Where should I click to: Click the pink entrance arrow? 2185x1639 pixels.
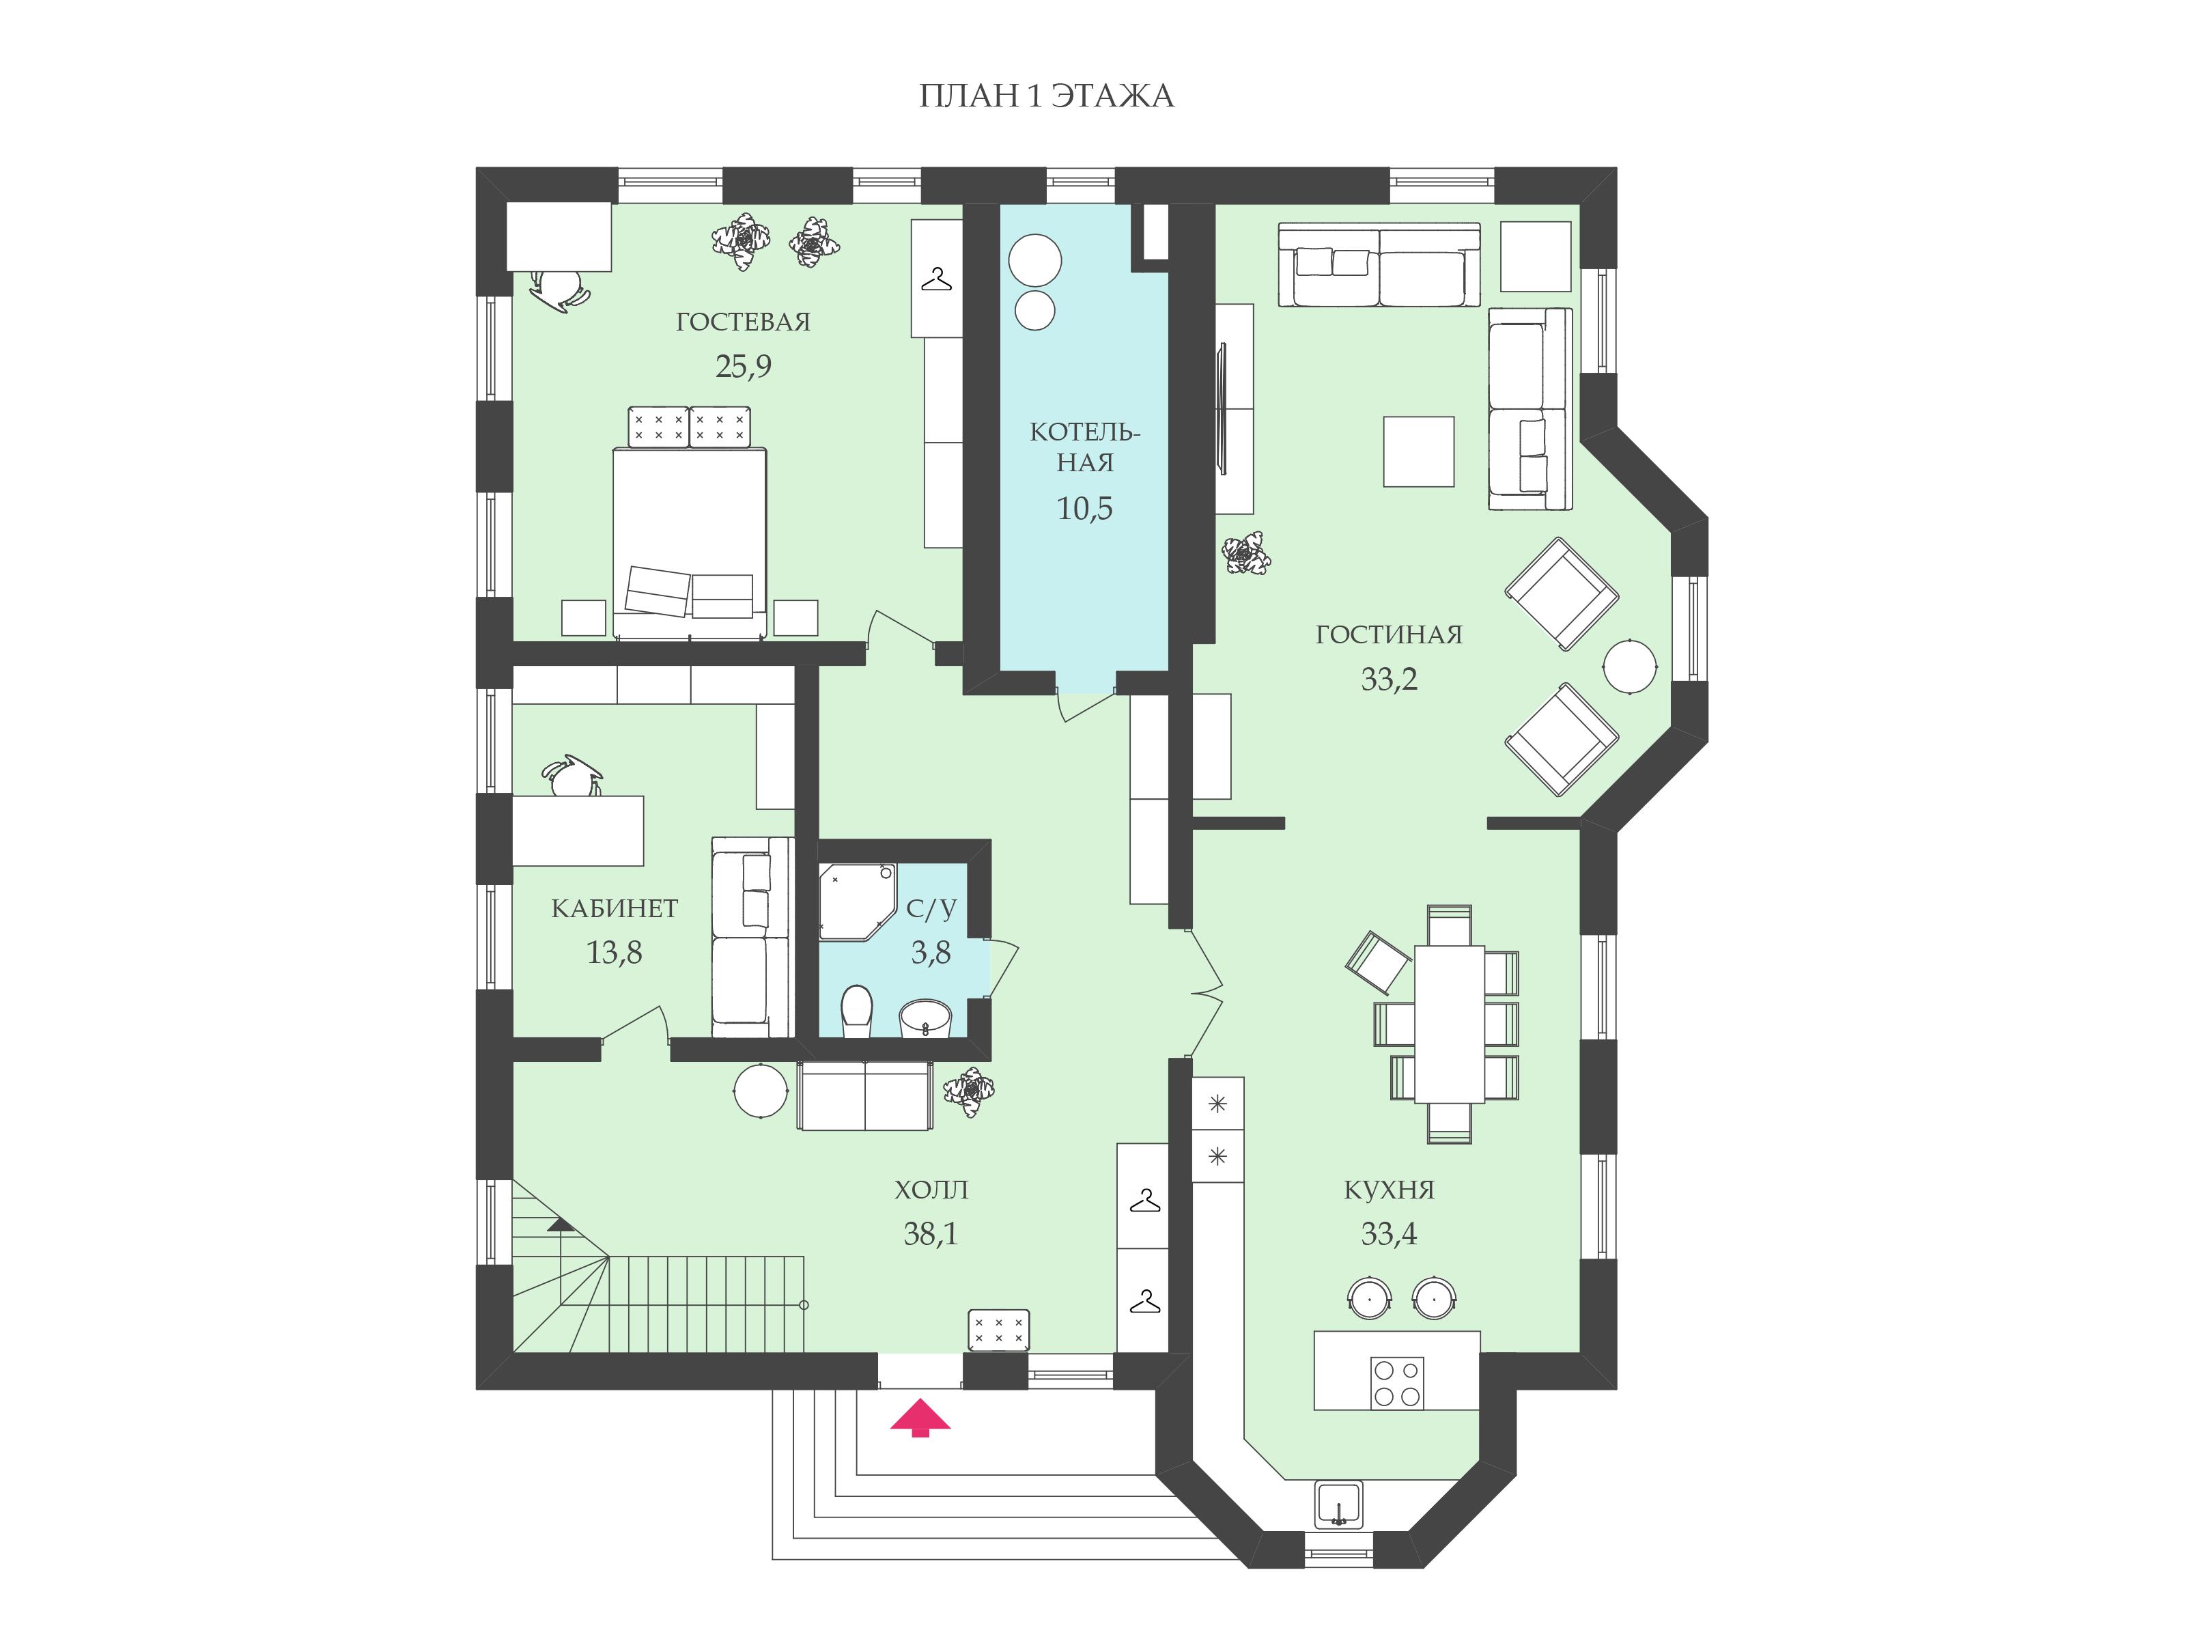(x=920, y=1418)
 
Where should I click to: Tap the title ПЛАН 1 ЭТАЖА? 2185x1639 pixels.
(x=1046, y=96)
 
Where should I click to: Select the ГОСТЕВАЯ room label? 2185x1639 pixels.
(x=743, y=322)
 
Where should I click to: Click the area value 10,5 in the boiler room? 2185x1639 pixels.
(x=1084, y=509)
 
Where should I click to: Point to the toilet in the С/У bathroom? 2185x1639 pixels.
(x=856, y=1011)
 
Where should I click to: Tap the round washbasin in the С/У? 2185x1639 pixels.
(x=925, y=1018)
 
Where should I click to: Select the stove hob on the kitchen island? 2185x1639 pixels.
(x=1397, y=1382)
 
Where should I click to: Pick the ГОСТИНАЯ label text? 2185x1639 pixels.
(x=1389, y=635)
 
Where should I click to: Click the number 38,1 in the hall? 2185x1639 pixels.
(x=931, y=1234)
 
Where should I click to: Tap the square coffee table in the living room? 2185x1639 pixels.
(x=1418, y=451)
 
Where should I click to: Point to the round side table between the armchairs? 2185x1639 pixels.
(x=1630, y=667)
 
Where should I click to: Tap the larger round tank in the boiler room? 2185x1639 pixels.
(x=1035, y=260)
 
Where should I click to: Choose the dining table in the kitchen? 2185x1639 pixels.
(x=1449, y=1024)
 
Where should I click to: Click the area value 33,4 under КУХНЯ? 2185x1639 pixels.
(x=1389, y=1234)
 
